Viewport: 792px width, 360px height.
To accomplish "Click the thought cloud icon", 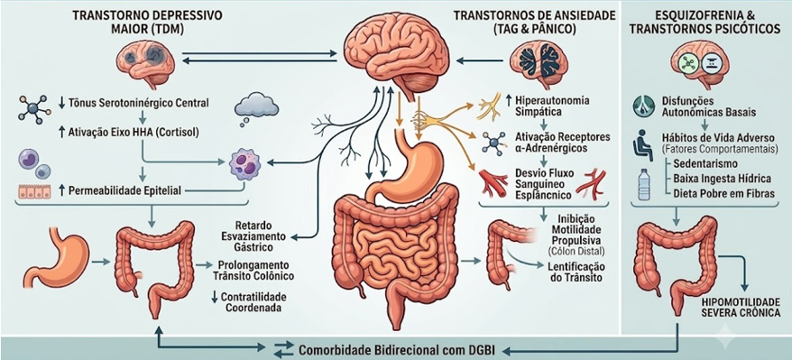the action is (257, 108).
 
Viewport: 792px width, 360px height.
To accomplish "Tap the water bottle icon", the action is (643, 184).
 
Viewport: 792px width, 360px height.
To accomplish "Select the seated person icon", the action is (643, 143).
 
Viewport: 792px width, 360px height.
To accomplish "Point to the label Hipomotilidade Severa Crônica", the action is (741, 308).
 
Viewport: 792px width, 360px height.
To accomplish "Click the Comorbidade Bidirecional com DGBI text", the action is (391, 350).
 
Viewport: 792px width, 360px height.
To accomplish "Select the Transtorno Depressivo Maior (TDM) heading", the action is (148, 21).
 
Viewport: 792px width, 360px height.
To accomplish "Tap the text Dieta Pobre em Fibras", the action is (724, 193).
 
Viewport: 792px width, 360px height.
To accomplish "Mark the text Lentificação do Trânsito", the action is (576, 272).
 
